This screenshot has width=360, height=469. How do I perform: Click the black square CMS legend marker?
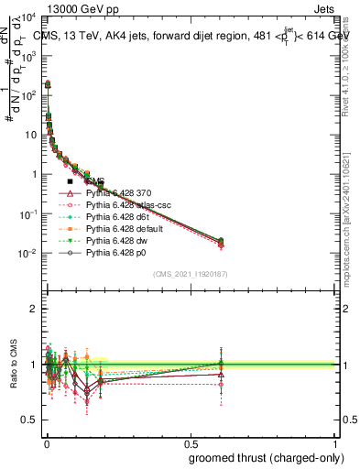click(x=70, y=182)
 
